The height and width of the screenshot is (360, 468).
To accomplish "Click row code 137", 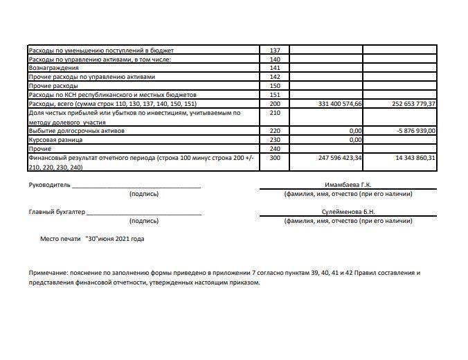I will pos(274,51).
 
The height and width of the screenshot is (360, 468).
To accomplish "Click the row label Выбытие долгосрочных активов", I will pos(75,130).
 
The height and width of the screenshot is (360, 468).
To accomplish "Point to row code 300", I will pos(274,157).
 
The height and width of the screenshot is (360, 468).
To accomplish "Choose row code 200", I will pos(274,104).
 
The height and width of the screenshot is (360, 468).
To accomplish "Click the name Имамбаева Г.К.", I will pos(348,186).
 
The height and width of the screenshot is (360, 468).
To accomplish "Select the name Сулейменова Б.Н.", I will pos(348,213).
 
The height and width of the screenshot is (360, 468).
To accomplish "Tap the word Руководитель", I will pos(49,186).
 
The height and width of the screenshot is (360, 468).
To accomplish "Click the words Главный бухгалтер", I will pos(57,213).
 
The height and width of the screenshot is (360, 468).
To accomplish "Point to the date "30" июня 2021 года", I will pos(114,239).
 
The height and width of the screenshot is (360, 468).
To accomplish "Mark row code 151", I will pos(274,95).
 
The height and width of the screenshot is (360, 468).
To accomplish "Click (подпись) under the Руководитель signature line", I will pos(144,195).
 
